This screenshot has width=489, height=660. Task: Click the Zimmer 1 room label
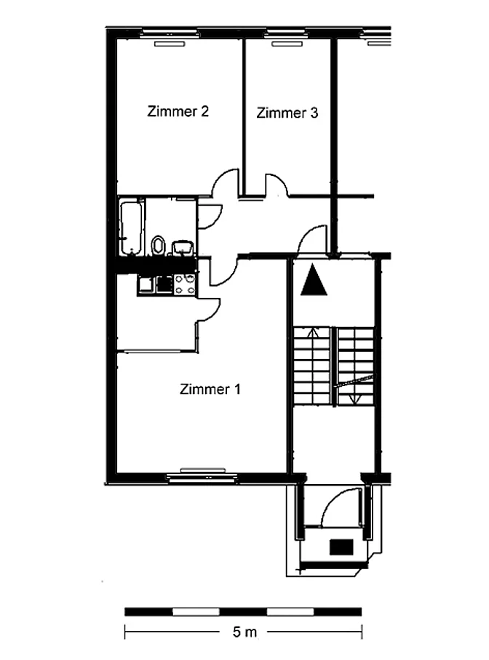pyautogui.click(x=210, y=389)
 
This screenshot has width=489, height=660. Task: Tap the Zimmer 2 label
pyautogui.click(x=178, y=111)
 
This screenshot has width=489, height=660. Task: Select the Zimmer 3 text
pyautogui.click(x=287, y=113)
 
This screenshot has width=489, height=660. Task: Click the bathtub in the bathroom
pyautogui.click(x=131, y=228)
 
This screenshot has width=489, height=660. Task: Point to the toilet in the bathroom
pyautogui.click(x=158, y=246)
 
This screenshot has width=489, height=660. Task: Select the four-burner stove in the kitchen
pyautogui.click(x=185, y=283)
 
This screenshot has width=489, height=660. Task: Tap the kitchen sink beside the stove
pyautogui.click(x=147, y=284)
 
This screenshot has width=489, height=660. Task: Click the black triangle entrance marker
pyautogui.click(x=314, y=280)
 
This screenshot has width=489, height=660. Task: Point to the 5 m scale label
pyautogui.click(x=244, y=632)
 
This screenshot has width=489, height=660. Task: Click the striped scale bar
pyautogui.click(x=243, y=611)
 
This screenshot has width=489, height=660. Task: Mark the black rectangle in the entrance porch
pyautogui.click(x=341, y=547)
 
